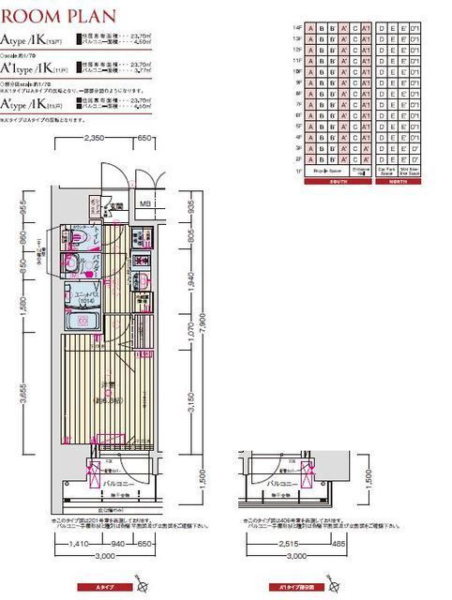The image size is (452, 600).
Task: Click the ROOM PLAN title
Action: tap(60, 16)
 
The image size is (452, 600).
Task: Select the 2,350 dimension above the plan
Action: tap(93, 138)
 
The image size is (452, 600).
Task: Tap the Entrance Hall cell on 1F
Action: tap(360, 172)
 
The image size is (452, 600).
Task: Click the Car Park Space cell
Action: tap(384, 172)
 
